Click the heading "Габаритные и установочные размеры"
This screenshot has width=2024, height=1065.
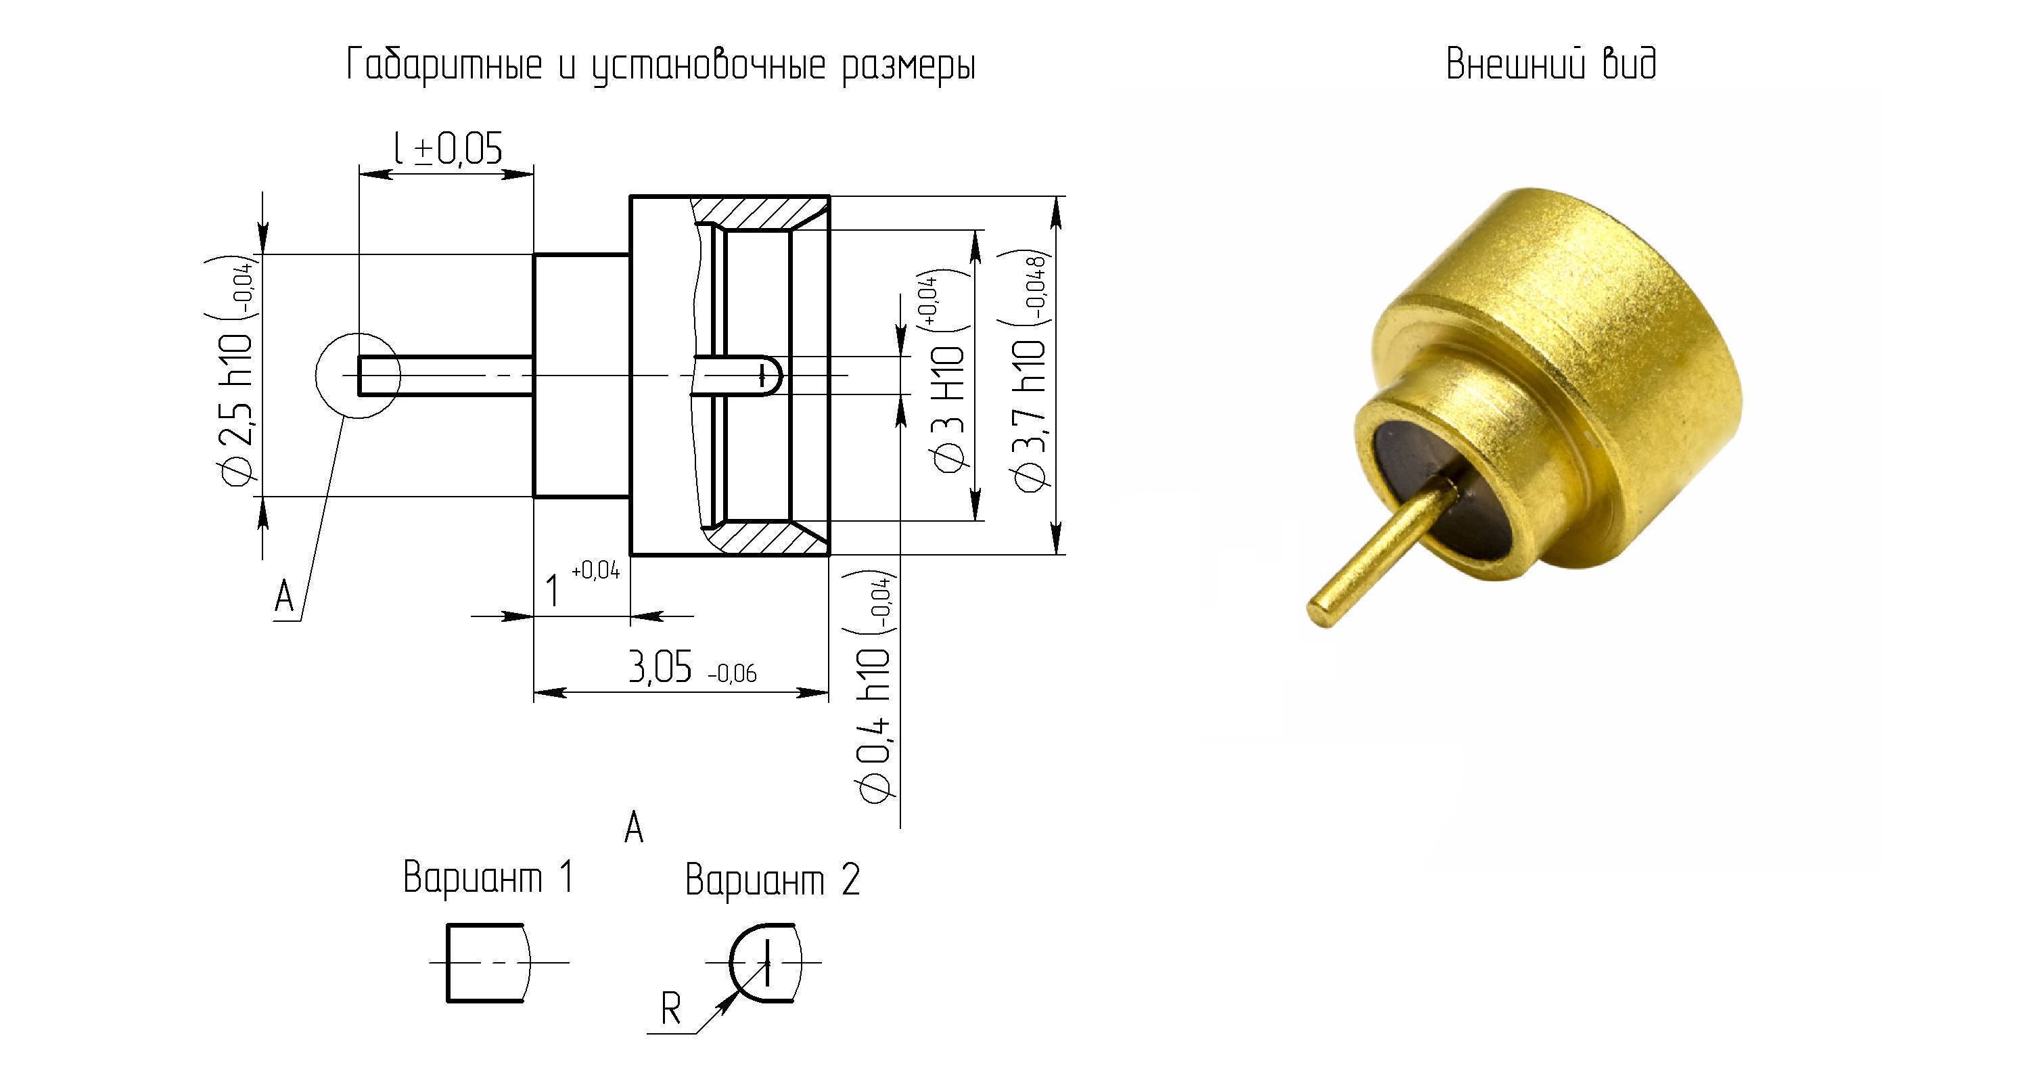(x=661, y=65)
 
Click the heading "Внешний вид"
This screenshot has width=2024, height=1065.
(x=1552, y=64)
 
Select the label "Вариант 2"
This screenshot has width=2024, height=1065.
(x=773, y=880)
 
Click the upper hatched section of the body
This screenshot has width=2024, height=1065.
(x=759, y=212)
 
